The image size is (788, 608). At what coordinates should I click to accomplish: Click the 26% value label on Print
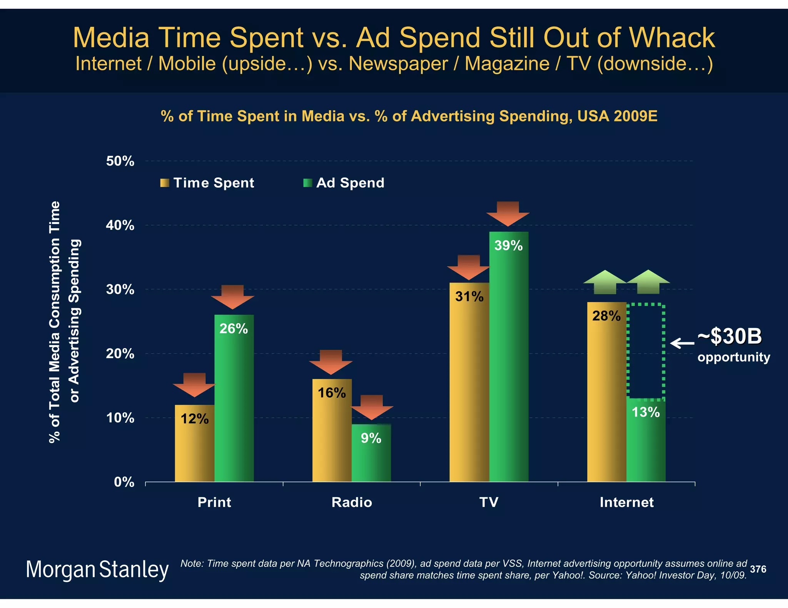click(x=234, y=329)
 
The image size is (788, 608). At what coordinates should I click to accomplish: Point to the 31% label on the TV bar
click(x=469, y=297)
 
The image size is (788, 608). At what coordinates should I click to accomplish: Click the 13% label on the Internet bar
click(x=646, y=412)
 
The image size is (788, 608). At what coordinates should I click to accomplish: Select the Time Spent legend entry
click(x=208, y=183)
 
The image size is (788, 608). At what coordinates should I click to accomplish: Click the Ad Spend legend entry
click(x=344, y=183)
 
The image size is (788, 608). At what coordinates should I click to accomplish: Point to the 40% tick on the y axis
click(x=120, y=225)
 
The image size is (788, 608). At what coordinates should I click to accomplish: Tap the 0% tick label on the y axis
click(x=124, y=482)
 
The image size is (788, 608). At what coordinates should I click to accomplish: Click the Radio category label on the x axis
click(x=352, y=502)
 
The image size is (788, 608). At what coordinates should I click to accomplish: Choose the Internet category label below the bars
click(x=626, y=502)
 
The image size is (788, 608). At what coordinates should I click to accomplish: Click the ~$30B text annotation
click(x=730, y=337)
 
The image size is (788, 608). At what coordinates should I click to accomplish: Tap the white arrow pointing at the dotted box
click(x=682, y=343)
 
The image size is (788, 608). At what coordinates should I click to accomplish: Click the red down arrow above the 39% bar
click(x=508, y=213)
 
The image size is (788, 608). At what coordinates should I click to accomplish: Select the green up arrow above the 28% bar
click(x=605, y=282)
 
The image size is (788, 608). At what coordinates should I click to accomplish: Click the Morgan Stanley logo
click(x=97, y=570)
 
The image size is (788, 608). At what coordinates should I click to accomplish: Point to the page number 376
click(x=758, y=569)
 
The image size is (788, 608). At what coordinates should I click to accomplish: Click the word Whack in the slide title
click(x=672, y=38)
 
